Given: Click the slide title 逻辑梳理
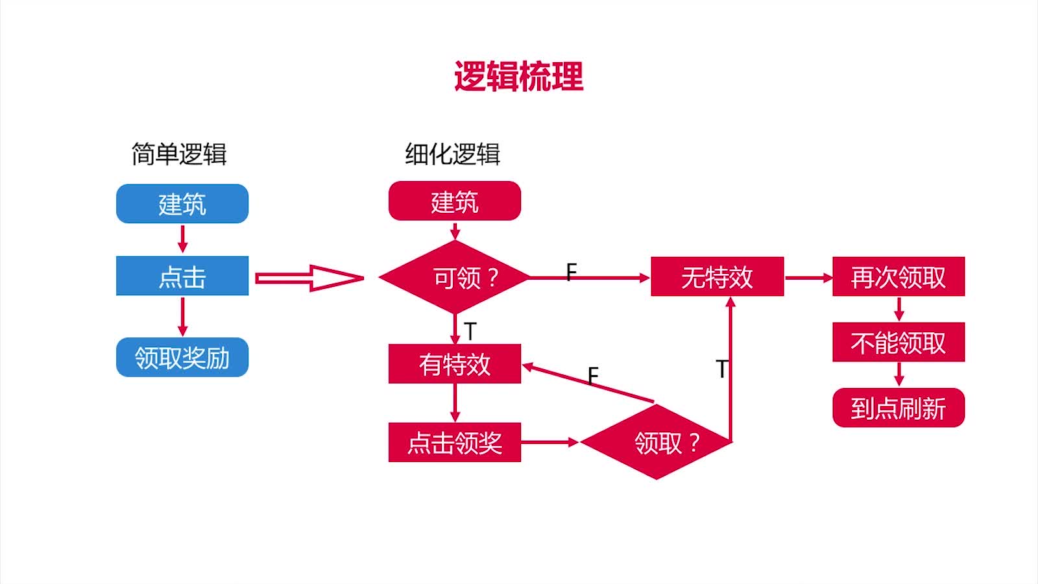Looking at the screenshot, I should (518, 77).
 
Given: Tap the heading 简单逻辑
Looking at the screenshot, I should (179, 154).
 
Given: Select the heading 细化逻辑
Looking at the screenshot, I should (453, 154).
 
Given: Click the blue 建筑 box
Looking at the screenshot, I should (182, 204).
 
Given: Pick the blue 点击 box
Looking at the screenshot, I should (182, 276).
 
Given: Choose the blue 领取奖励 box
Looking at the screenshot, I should (182, 358).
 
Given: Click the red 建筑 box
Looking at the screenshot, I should (455, 201).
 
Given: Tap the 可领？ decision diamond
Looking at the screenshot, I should (455, 278).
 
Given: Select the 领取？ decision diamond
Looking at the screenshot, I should (657, 443).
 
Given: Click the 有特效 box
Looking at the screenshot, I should (455, 364).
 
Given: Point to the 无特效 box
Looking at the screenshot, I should (717, 277).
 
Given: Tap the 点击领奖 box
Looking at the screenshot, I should (455, 443).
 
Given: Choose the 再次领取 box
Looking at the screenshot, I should (899, 277).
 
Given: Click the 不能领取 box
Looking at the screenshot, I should (899, 342).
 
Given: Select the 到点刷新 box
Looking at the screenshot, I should (899, 408).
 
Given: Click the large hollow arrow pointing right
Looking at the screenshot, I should (309, 278).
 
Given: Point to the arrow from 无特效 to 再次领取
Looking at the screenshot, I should (808, 278).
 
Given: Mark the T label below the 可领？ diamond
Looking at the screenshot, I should (470, 331).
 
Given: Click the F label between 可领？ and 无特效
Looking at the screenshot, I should (571, 272).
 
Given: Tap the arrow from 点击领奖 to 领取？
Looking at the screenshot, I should (549, 443).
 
